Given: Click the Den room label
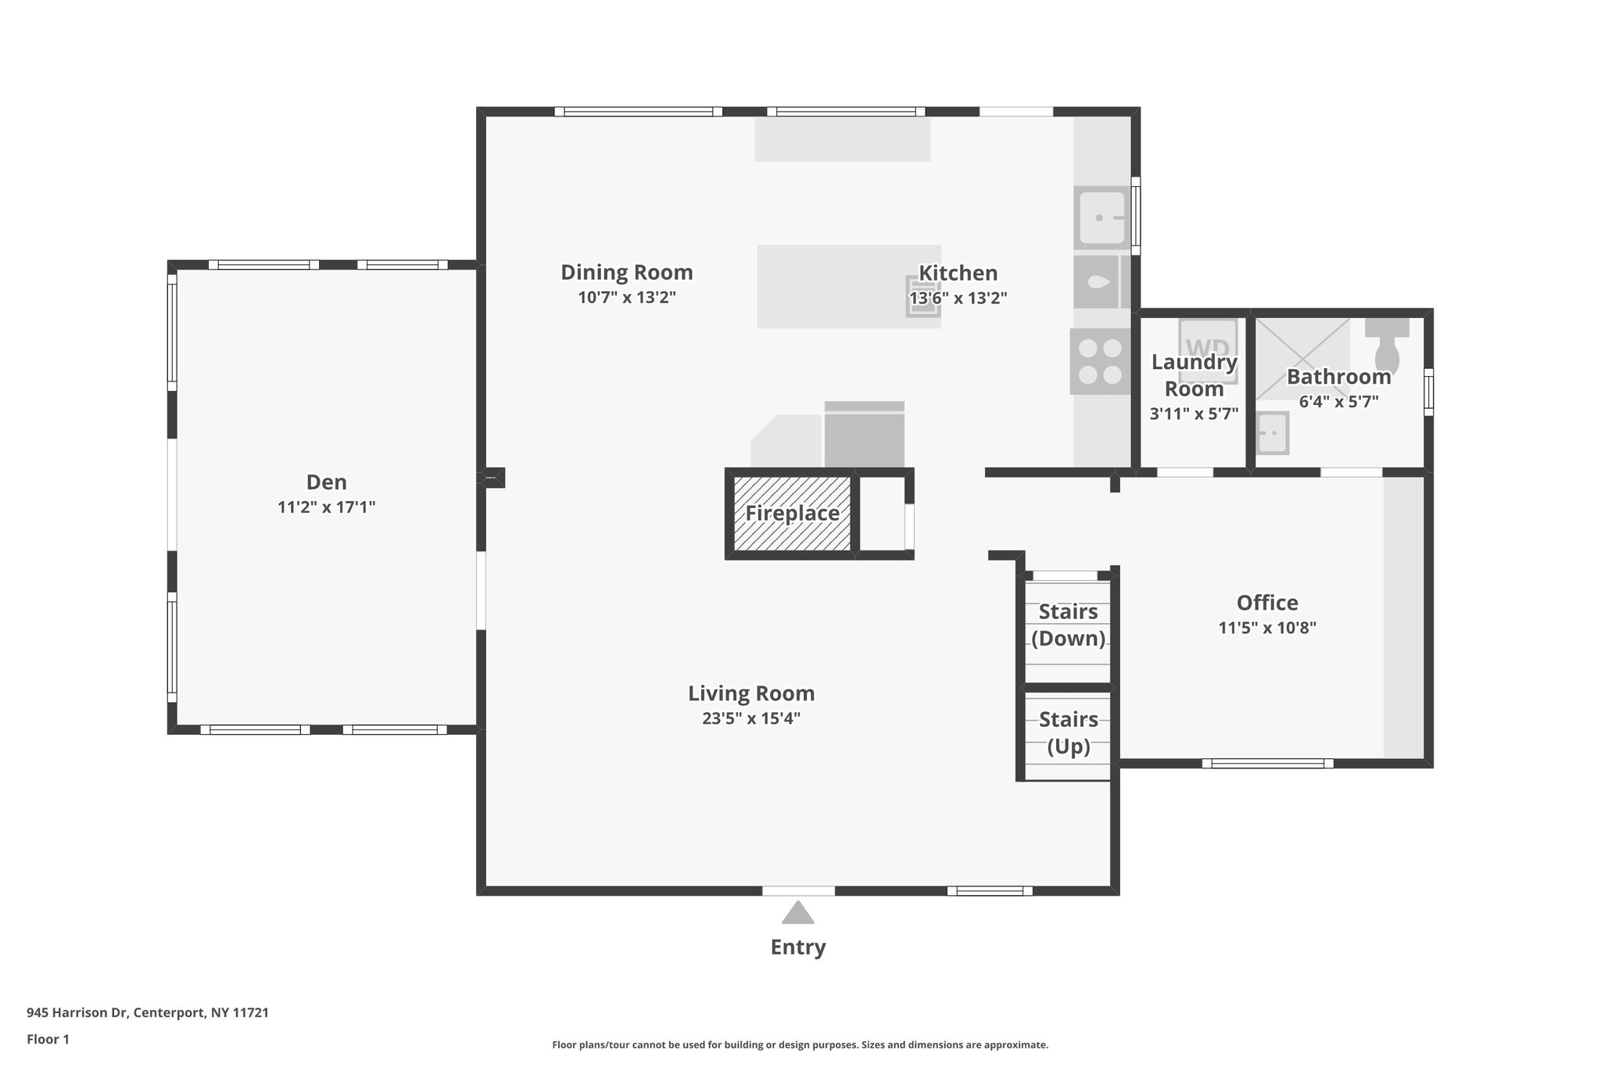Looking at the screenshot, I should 326,482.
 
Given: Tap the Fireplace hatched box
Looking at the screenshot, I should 792,514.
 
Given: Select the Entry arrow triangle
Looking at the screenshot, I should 797,913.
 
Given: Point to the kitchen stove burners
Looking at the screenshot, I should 1099,361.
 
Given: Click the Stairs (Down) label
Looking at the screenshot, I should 1068,625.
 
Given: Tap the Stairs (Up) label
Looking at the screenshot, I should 1068,732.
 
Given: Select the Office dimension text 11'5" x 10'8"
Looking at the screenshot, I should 1267,628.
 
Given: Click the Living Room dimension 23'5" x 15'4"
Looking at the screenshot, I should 750,718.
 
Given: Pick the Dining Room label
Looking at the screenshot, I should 626,273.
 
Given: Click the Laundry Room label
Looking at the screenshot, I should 1194,375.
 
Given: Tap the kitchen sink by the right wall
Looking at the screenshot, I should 1101,216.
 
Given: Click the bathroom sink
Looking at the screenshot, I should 1272,433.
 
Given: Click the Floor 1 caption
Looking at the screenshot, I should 48,1039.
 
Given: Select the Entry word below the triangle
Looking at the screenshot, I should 797,947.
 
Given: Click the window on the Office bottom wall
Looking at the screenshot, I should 1266,763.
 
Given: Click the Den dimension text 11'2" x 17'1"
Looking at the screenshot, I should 326,507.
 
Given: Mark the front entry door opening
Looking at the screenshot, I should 797,890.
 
